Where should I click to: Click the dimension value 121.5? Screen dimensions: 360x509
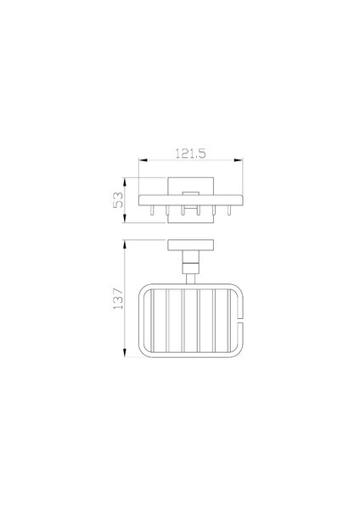click(x=190, y=154)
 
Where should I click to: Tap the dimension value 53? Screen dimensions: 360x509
click(x=118, y=200)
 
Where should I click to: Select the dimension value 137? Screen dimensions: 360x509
click(x=118, y=299)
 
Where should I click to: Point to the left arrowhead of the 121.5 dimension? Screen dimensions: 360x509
click(x=143, y=160)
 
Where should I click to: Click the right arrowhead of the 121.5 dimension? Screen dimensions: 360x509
click(x=238, y=160)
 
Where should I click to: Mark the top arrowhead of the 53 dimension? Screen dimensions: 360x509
click(x=125, y=182)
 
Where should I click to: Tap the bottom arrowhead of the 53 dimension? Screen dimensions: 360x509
click(x=125, y=219)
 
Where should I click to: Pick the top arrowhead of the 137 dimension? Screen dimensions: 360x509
click(x=125, y=244)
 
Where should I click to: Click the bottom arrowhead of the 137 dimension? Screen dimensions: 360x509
click(x=125, y=353)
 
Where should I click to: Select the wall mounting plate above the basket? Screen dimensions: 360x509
click(x=191, y=245)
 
